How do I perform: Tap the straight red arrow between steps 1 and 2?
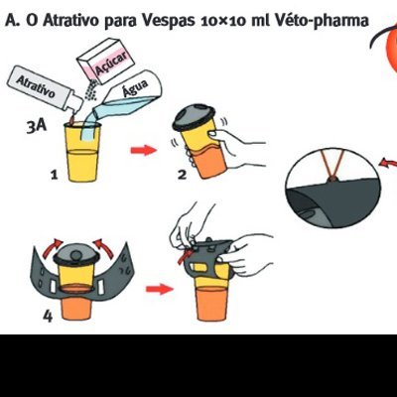(x=145, y=151)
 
